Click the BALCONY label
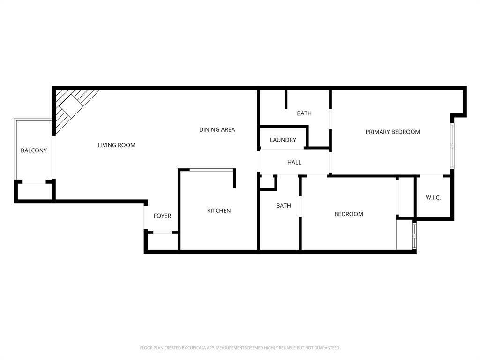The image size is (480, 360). (34, 150)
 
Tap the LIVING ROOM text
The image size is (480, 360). (116, 145)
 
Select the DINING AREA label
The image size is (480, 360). (217, 130)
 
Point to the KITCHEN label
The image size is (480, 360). (219, 211)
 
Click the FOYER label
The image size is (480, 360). (163, 216)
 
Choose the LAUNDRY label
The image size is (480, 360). (283, 140)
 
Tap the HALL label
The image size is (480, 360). (294, 163)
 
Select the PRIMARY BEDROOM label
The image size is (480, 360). (393, 132)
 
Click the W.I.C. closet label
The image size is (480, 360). (433, 198)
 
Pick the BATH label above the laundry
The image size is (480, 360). (304, 113)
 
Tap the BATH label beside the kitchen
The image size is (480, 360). (284, 206)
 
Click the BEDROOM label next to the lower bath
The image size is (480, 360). (349, 214)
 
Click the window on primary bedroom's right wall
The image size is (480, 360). (452, 145)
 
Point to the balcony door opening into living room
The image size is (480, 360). (54, 157)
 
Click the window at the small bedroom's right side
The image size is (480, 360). (414, 235)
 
